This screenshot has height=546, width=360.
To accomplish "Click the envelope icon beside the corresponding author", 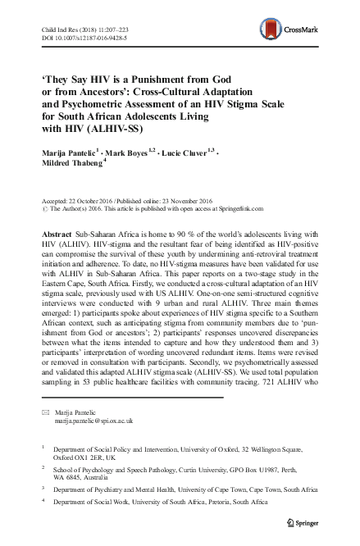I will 44,408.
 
